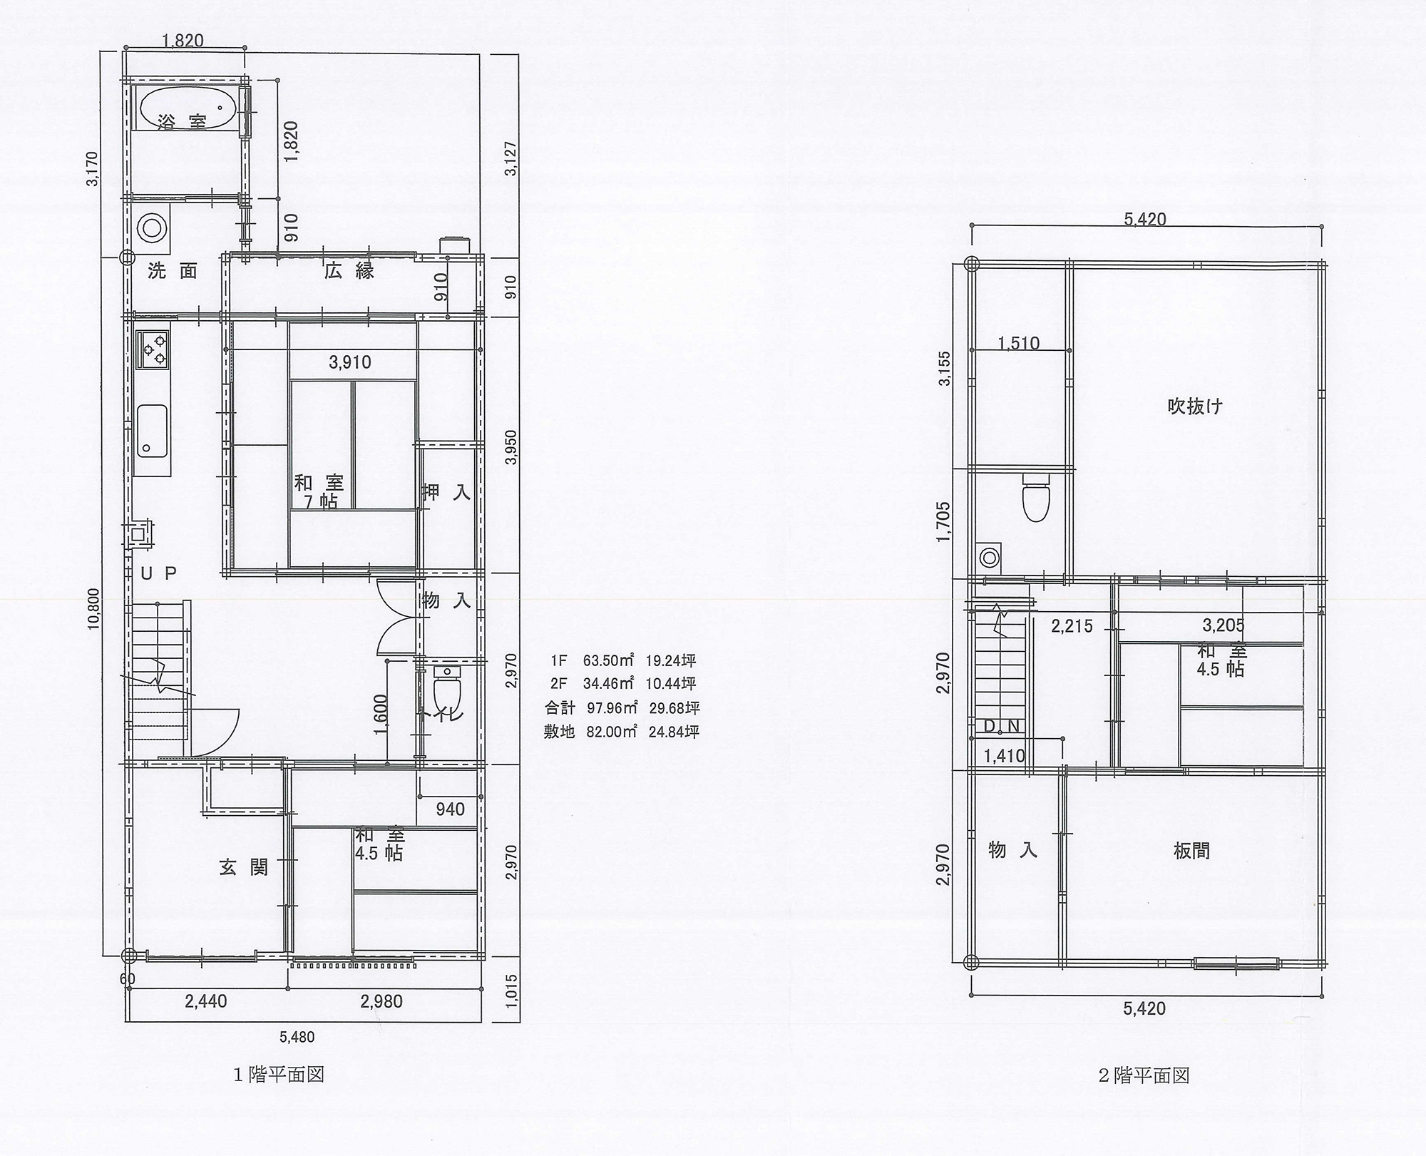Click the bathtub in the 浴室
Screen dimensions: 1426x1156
(x=187, y=109)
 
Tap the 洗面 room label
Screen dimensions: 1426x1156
(x=172, y=271)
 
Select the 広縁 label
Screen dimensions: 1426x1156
(x=349, y=271)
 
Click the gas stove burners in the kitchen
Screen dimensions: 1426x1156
(x=153, y=350)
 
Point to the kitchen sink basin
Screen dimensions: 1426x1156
(x=151, y=431)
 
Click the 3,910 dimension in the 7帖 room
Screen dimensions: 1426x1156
(x=350, y=362)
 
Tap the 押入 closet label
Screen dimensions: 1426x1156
(x=447, y=492)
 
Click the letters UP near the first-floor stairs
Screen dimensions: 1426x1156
(x=158, y=573)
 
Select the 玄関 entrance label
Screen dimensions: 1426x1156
(x=243, y=867)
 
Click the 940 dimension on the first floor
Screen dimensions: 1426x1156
(x=450, y=809)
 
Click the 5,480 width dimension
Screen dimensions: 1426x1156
(x=297, y=1037)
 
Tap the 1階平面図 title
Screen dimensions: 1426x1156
(x=279, y=1095)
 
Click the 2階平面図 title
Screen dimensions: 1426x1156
(x=1144, y=1095)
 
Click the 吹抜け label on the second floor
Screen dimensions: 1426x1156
(x=1195, y=406)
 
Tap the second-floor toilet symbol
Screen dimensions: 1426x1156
(x=1036, y=498)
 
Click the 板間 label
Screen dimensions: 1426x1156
(x=1191, y=851)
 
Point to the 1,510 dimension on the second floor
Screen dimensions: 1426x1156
(x=1018, y=343)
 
